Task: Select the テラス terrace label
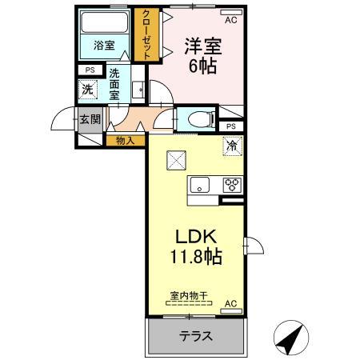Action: coord(195,336)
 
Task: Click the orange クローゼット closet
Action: coord(146,34)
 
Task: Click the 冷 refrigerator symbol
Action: coord(232,146)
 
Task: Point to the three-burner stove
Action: coord(233,185)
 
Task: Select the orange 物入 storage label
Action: coord(125,141)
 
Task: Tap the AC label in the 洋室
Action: coord(230,20)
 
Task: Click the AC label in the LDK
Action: coord(230,304)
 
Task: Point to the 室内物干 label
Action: coord(189,296)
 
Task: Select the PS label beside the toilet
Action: coord(231,126)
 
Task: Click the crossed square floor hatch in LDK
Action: coord(176,160)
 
